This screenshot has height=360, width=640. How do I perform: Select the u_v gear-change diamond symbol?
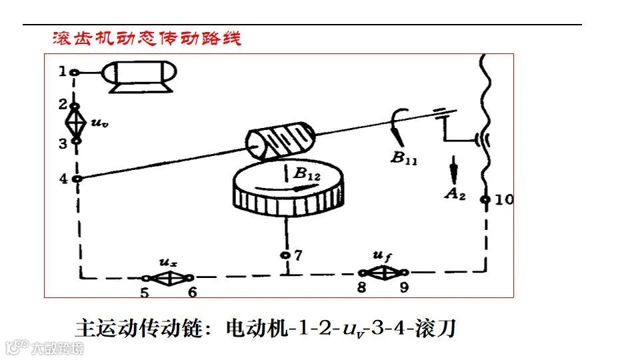pyautogui.click(x=76, y=123)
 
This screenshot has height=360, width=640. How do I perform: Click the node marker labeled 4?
pyautogui.click(x=77, y=179)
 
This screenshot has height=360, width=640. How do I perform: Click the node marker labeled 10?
pyautogui.click(x=486, y=199)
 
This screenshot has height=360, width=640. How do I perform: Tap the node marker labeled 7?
pyautogui.click(x=285, y=255)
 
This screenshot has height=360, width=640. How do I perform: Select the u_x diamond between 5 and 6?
pyautogui.click(x=168, y=277)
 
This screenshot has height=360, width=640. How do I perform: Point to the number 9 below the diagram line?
pyautogui.click(x=403, y=288)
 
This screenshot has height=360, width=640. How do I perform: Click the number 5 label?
pyautogui.click(x=145, y=292)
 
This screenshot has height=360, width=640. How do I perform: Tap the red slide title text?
pyautogui.click(x=147, y=38)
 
